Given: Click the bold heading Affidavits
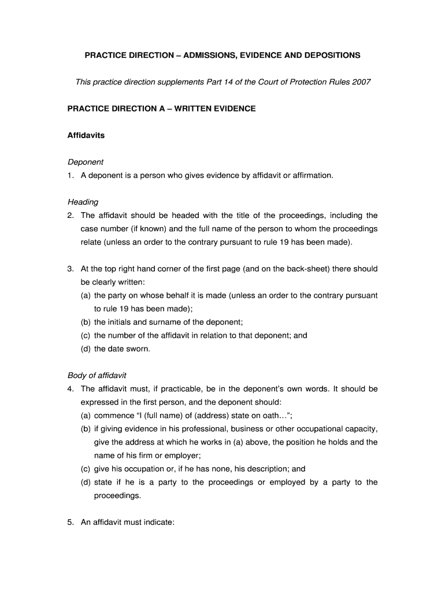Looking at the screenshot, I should click(86, 135).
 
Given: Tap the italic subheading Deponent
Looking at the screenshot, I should click(86, 162).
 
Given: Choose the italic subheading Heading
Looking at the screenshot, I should click(83, 202).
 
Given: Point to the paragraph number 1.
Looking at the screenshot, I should click(70, 175).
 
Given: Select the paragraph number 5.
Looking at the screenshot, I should click(70, 522).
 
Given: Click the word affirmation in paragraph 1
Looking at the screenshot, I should click(313, 175).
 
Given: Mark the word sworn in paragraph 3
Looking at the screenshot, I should click(138, 349).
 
